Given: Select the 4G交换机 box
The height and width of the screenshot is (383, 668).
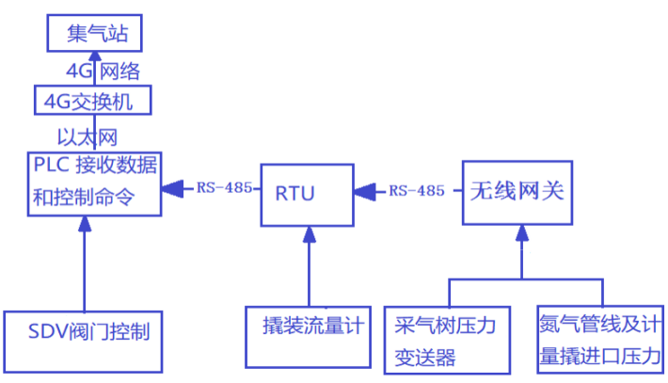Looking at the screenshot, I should (90, 101).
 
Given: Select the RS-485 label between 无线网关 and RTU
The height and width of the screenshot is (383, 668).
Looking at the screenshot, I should (417, 191).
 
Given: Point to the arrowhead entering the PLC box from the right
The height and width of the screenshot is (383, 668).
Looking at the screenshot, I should (171, 189).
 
